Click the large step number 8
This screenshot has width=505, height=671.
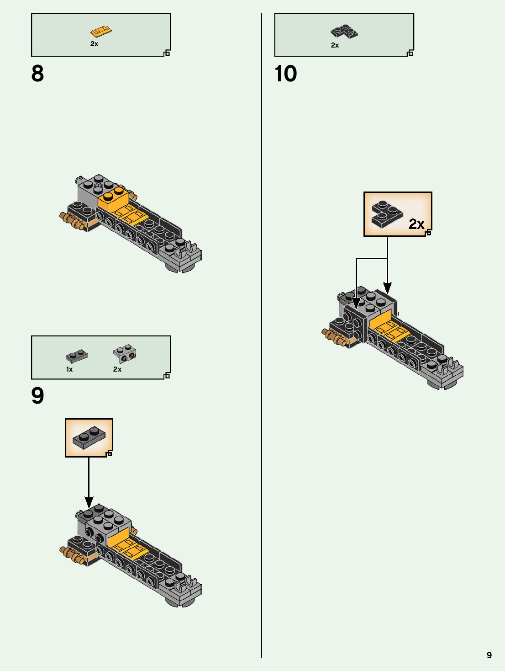(37, 74)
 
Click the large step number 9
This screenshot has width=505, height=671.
(37, 396)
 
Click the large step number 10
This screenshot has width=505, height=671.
(286, 74)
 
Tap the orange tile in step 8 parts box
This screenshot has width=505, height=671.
(100, 32)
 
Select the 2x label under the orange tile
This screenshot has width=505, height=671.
(94, 44)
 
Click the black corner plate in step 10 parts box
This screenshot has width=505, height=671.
(344, 31)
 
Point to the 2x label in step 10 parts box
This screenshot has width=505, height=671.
(335, 45)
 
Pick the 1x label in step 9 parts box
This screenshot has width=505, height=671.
(69, 369)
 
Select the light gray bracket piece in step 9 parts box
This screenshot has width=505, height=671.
(125, 353)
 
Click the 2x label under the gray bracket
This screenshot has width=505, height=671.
(117, 369)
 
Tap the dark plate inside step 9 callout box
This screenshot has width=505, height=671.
(89, 437)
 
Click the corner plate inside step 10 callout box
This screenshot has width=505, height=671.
(387, 213)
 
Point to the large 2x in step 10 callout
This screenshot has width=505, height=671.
(416, 224)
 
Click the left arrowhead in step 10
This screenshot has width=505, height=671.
(356, 303)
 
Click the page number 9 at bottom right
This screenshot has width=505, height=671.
(489, 655)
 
